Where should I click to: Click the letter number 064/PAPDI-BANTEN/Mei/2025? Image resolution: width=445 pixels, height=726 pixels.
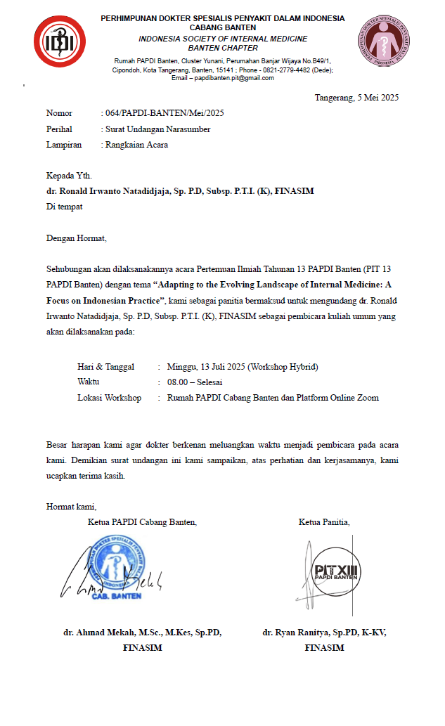pyautogui.click(x=165, y=113)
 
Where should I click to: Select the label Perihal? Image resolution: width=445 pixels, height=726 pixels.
pyautogui.click(x=60, y=129)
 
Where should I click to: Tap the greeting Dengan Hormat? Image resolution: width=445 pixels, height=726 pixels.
pyautogui.click(x=76, y=238)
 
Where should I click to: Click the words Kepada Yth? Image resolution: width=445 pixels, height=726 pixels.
pyautogui.click(x=69, y=176)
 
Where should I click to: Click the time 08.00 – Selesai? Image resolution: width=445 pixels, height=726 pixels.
pyautogui.click(x=195, y=382)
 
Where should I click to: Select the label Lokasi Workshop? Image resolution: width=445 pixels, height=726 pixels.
pyautogui.click(x=109, y=398)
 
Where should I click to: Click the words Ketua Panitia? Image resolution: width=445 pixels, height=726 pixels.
pyautogui.click(x=324, y=521)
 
